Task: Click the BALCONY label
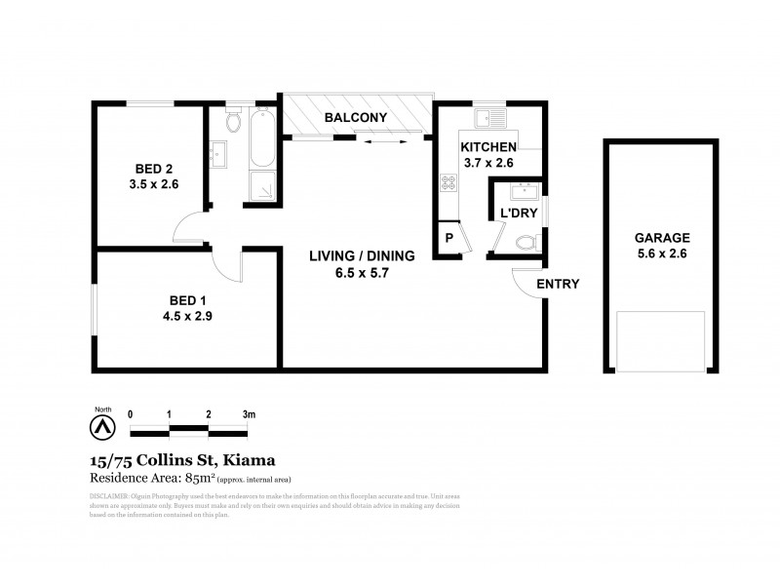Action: (356, 118)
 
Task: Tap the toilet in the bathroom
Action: (232, 122)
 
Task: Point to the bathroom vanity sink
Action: (218, 152)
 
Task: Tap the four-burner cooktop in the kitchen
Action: (449, 182)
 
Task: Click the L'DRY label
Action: (514, 213)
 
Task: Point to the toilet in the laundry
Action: (525, 241)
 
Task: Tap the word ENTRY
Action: (558, 285)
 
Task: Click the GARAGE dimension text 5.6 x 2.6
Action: (662, 254)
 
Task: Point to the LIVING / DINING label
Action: (362, 256)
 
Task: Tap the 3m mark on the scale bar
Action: (249, 414)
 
